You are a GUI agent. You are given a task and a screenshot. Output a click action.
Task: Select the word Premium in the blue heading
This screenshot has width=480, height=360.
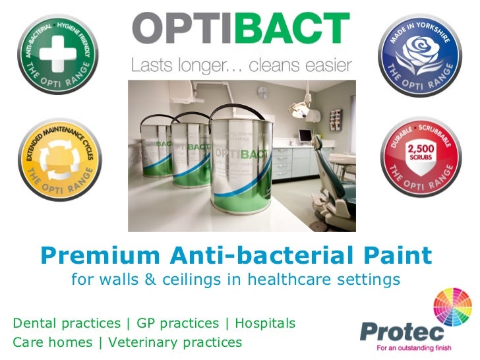92,254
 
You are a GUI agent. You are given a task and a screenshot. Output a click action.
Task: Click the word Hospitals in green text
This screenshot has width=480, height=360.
265,324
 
